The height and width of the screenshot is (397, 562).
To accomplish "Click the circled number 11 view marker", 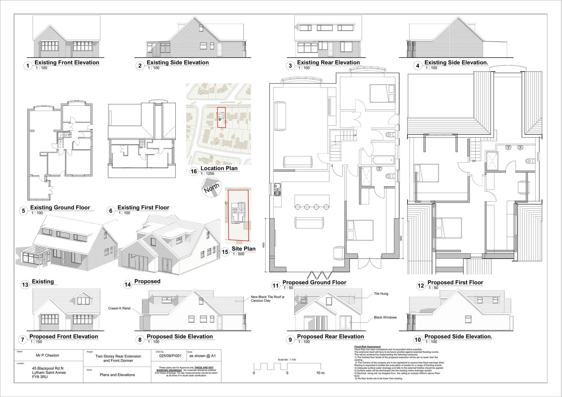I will [x=275, y=286].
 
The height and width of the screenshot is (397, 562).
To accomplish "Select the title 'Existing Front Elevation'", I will [x=67, y=63].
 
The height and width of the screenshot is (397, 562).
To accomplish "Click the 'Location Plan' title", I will [x=219, y=168].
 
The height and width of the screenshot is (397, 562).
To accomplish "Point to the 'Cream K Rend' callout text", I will [x=119, y=308].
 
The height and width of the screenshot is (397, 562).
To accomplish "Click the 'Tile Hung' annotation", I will [x=381, y=293].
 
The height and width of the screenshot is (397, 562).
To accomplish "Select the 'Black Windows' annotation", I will [x=385, y=317].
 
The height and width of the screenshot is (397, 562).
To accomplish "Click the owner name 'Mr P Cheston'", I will [x=48, y=355].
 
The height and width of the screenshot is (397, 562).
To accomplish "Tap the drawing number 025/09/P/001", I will [x=170, y=356].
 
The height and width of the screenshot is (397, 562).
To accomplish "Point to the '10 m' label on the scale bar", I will [x=320, y=373].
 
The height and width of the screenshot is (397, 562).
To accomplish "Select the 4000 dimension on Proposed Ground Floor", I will [x=263, y=245].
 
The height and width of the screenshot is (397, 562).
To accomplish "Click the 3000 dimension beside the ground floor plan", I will [x=401, y=238].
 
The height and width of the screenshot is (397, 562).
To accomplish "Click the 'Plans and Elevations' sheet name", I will [x=117, y=375].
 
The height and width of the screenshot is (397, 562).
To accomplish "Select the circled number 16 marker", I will [x=193, y=171].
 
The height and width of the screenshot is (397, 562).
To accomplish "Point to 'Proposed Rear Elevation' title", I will [x=330, y=336].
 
